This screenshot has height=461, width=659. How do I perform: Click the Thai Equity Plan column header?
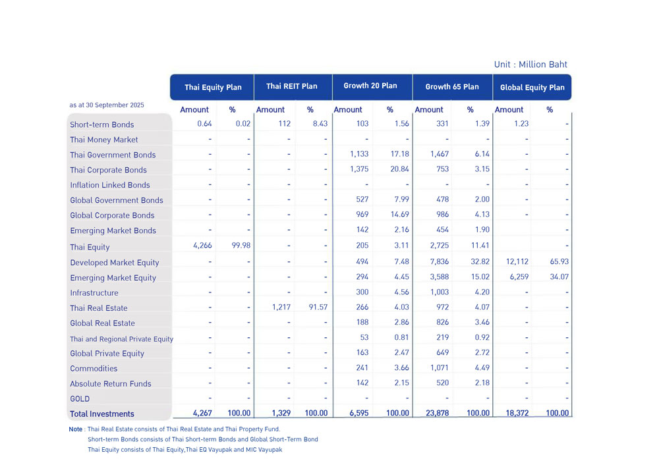[x=213, y=87]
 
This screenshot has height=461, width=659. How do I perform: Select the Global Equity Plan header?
[x=532, y=87]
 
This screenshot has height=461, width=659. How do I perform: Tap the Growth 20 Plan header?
[x=370, y=86]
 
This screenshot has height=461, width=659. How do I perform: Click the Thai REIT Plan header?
[x=291, y=86]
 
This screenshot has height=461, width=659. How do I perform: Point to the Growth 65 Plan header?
[x=452, y=86]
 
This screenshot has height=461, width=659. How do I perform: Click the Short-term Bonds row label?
[x=102, y=124]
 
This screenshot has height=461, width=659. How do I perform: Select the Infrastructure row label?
[x=94, y=292]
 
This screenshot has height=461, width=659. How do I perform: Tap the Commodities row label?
[x=94, y=368]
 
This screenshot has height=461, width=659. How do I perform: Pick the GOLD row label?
[x=80, y=398]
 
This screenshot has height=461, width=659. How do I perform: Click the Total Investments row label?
[x=102, y=414]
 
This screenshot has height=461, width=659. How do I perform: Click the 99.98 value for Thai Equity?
[x=238, y=246]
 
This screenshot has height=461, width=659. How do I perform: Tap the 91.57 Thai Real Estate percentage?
[x=315, y=307]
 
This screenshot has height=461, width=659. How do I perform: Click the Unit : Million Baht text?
[x=530, y=65]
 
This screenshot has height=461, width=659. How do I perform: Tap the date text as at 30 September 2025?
[x=107, y=105]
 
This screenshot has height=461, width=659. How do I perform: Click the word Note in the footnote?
[x=75, y=429]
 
